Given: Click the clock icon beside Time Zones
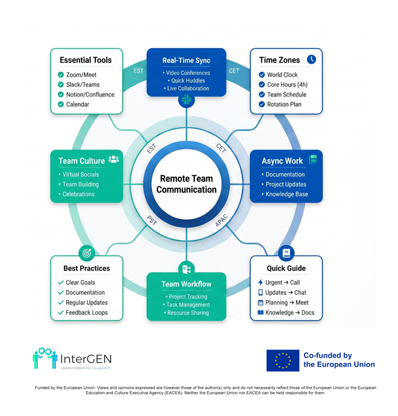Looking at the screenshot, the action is pyautogui.click(x=311, y=60).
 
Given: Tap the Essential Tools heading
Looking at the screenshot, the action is pyautogui.click(x=85, y=60).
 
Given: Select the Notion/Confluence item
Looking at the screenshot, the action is pyautogui.click(x=91, y=94).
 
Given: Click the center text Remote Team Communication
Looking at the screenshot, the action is pyautogui.click(x=186, y=184).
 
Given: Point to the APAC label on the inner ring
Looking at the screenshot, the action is pyautogui.click(x=221, y=221).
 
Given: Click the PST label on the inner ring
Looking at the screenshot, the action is pyautogui.click(x=152, y=220).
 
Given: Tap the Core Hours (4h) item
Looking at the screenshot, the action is pyautogui.click(x=287, y=84).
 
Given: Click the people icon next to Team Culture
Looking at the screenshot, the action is pyautogui.click(x=114, y=159).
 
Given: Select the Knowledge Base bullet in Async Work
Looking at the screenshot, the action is pyautogui.click(x=287, y=194).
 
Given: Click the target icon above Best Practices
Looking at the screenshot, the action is pyautogui.click(x=87, y=253).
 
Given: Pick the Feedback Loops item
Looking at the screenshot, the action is pyautogui.click(x=87, y=313).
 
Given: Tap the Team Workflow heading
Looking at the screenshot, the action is pyautogui.click(x=186, y=284).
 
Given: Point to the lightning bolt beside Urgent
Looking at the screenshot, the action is pyautogui.click(x=261, y=283).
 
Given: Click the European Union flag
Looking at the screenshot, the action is pyautogui.click(x=283, y=361).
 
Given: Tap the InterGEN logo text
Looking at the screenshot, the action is pyautogui.click(x=86, y=359).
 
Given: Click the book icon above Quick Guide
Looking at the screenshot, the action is pyautogui.click(x=286, y=253).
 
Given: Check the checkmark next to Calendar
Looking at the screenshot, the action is pyautogui.click(x=61, y=104).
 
